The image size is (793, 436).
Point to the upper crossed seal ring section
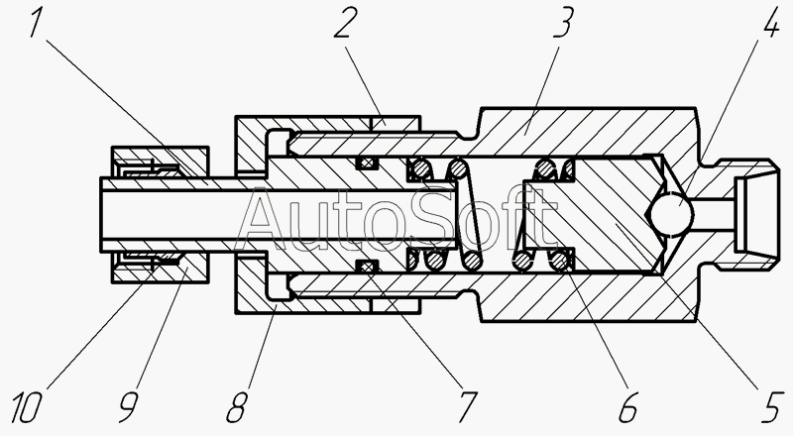(367, 162)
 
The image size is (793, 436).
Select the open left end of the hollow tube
(103, 212)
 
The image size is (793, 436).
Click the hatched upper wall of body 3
(555, 134)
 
